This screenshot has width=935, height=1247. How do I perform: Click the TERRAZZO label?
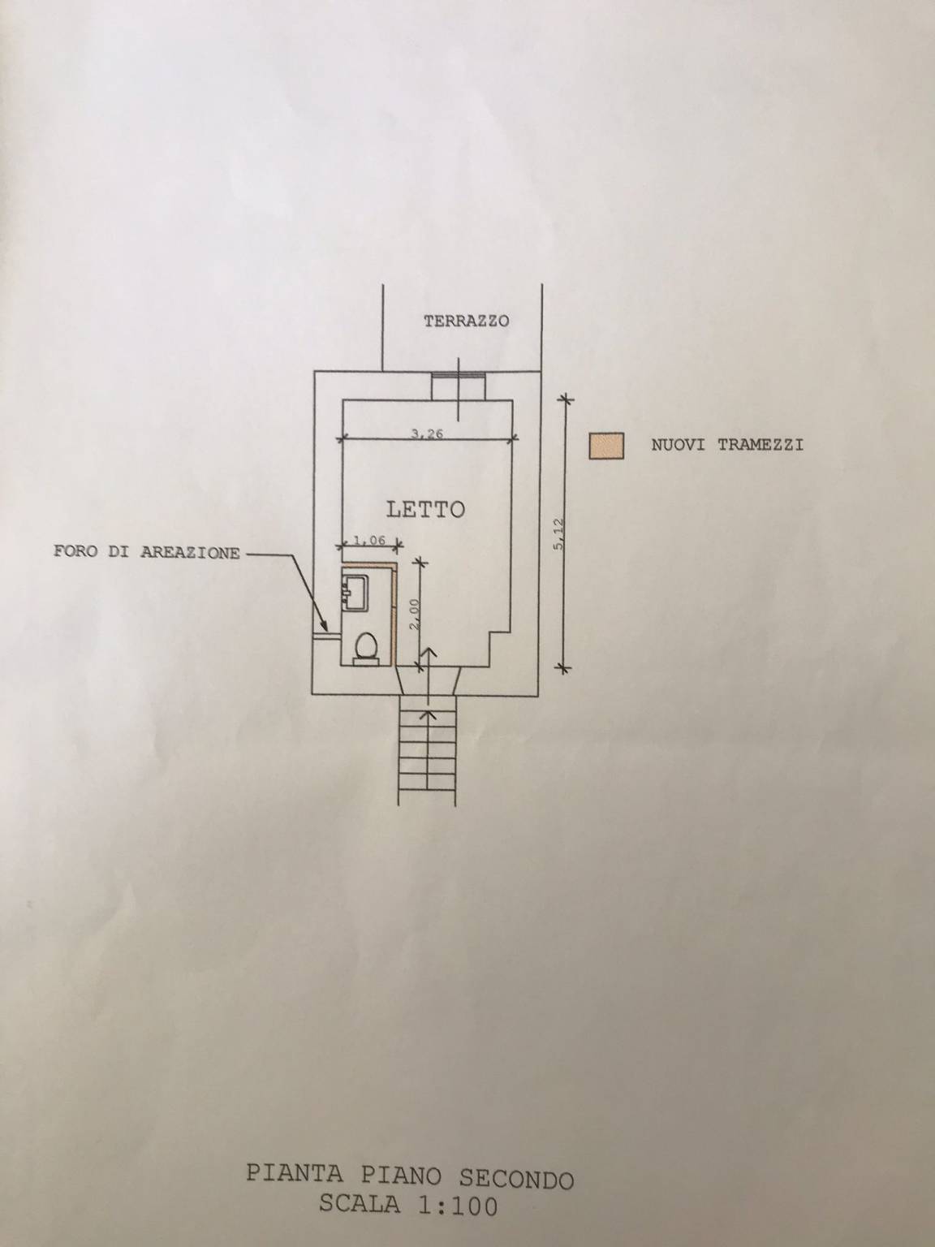466,321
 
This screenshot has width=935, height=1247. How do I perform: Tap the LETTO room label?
425,510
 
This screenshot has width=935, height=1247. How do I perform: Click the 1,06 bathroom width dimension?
367,539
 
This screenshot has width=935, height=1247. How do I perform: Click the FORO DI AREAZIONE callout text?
147,553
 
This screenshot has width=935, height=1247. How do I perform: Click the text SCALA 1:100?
407,1206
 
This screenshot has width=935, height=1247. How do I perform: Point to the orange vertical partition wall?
392,614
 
